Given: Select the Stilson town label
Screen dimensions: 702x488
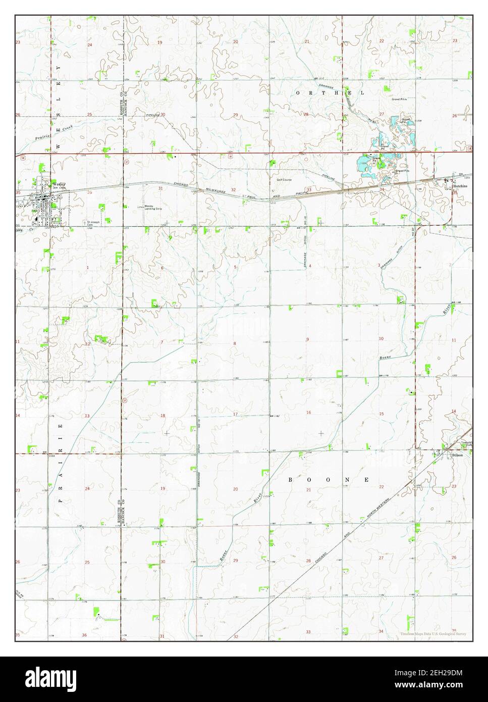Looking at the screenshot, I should coord(457,455).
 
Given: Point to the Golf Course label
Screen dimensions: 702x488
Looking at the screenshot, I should coord(284,180).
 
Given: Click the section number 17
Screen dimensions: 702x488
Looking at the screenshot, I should coord(235,414).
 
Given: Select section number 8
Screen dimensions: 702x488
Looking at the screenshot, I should coord(234,343).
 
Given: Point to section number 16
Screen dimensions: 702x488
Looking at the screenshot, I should coord(309,413).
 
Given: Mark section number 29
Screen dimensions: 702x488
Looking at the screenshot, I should coord(235,115).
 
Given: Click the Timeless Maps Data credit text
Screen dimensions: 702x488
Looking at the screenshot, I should coord(433,633).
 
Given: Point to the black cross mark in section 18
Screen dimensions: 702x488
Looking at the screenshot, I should coord(167,433).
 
